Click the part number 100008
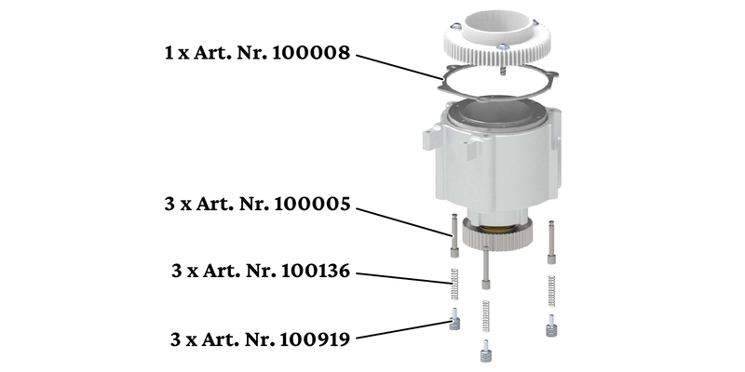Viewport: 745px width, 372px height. [x=312, y=53]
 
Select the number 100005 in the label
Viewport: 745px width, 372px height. [x=312, y=205]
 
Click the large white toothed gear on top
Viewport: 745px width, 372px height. [x=497, y=39]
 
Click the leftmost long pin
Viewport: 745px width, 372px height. [x=454, y=235]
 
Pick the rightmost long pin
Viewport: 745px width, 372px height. [x=551, y=241]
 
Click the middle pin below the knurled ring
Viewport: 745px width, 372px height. [x=485, y=267]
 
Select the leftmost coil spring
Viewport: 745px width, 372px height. [x=454, y=285]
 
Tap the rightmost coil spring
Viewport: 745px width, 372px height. [x=551, y=291]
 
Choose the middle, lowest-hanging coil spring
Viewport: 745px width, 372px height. [x=485, y=316]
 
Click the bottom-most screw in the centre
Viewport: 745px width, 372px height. [x=485, y=352]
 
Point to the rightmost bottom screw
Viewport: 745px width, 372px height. [x=550, y=325]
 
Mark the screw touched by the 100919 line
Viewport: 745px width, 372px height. [x=454, y=319]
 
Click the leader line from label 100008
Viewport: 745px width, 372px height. [x=400, y=67]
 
